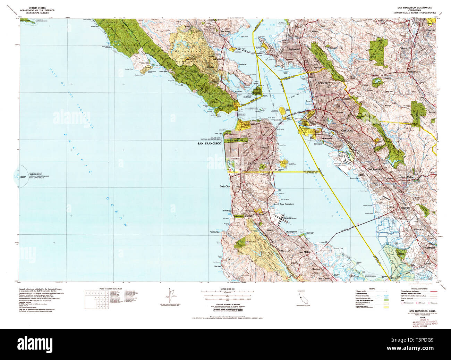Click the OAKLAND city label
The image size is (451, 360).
[347, 131]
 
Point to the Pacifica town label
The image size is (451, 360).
[227, 210]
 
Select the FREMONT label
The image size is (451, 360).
[429, 248]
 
